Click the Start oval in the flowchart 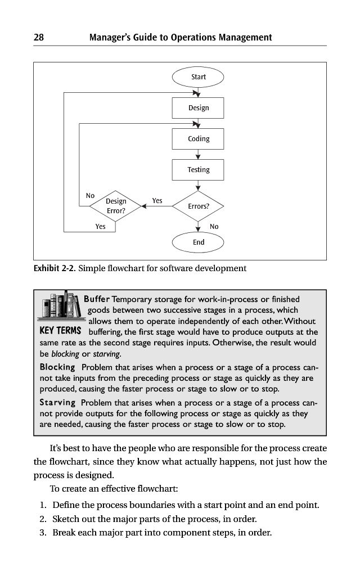(x=198, y=76)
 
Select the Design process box (x=198, y=107)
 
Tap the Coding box (x=198, y=138)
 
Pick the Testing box (x=198, y=169)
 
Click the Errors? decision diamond (x=198, y=206)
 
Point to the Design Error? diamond (x=116, y=206)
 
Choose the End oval (x=198, y=242)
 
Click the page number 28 (x=39, y=38)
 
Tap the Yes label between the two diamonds (x=157, y=200)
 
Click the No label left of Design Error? (x=90, y=195)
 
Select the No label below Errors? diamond (x=214, y=227)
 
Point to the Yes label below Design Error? (x=100, y=227)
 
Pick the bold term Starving (x=57, y=402)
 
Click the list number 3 (x=42, y=532)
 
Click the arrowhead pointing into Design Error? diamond (x=145, y=206)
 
